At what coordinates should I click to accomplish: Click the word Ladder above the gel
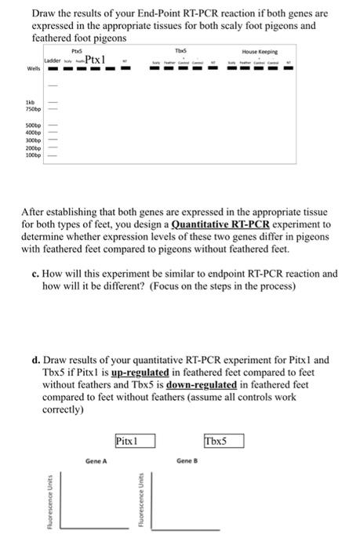click(53, 60)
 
